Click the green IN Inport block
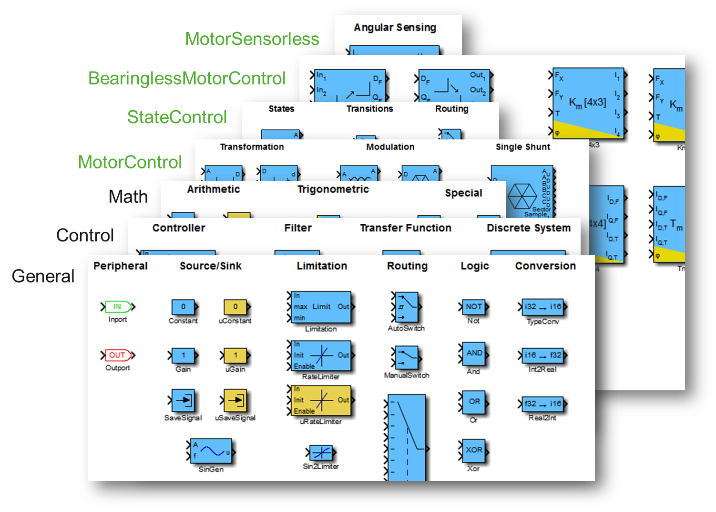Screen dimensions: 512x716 tap(117, 306)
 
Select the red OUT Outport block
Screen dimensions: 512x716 tap(117, 355)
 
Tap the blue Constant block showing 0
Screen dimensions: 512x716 tap(183, 307)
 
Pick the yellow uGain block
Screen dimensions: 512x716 tap(235, 355)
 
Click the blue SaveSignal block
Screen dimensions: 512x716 tap(183, 400)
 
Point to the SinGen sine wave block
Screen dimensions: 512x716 tap(211, 451)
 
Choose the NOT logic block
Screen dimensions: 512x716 tap(473, 307)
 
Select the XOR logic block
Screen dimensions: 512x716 tap(473, 450)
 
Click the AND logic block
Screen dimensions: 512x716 tap(474, 354)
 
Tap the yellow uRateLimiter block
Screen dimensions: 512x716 tap(321, 400)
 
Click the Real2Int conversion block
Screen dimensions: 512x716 tap(542, 404)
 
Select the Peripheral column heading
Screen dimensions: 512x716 tap(121, 266)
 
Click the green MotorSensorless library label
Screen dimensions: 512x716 tap(252, 39)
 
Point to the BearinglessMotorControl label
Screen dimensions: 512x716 tap(187, 78)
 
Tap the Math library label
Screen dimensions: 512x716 tap(128, 197)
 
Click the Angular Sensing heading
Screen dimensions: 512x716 tap(395, 28)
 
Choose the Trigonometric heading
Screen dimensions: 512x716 tap(333, 189)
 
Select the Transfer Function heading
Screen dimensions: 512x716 tap(405, 228)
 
